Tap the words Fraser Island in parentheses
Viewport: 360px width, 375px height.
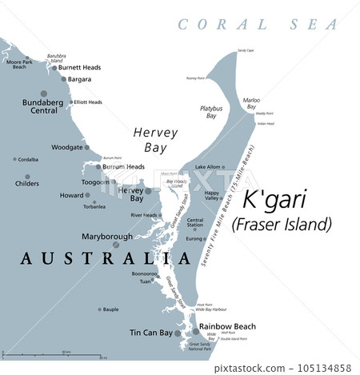coord(281,223)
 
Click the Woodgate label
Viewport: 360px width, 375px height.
coord(66,147)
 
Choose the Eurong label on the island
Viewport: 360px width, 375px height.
coord(195,238)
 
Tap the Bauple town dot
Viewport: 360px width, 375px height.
coord(99,309)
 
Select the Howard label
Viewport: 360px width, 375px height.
coord(72,195)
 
